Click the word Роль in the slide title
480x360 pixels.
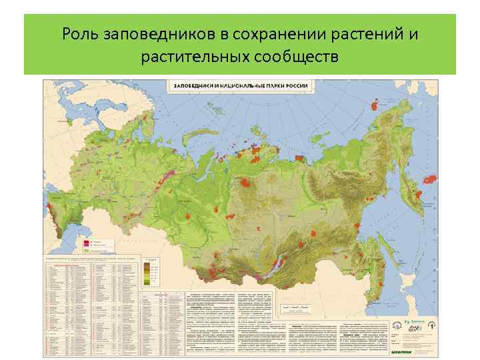point(79,33)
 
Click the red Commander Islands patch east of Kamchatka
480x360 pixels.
point(431,179)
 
